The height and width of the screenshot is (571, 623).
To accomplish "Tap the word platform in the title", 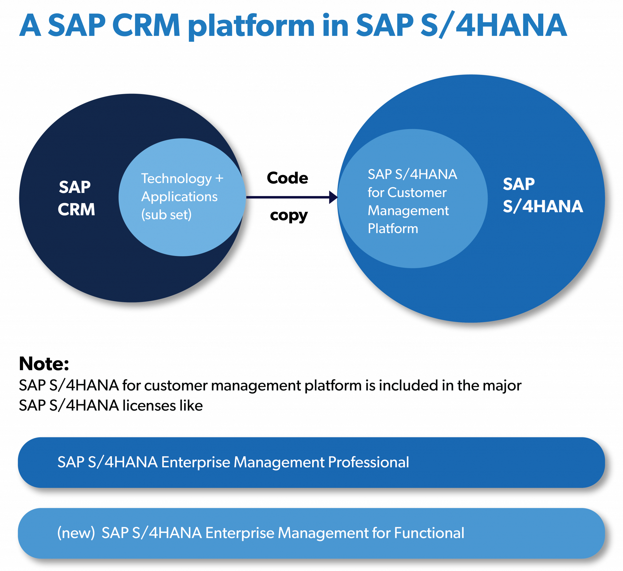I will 251,26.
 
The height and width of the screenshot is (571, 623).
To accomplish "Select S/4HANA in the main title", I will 493,25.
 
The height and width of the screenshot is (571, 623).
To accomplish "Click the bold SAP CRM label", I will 76,198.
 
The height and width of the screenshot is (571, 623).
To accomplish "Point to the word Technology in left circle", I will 176,179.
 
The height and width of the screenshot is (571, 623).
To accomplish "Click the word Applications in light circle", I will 179,197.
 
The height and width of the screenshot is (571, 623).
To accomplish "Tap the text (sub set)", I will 166,215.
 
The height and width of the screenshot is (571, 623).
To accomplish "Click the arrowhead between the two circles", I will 333,197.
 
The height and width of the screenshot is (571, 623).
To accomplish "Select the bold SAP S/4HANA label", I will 542,195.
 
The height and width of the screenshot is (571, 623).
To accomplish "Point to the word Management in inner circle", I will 408,211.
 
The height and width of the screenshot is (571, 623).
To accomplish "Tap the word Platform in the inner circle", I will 393,229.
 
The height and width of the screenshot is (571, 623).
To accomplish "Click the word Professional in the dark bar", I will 368,462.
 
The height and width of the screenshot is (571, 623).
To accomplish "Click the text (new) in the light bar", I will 76,533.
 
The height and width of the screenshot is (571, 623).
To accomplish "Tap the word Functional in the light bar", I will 429,533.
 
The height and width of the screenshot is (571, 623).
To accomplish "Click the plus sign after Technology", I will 219,179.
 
